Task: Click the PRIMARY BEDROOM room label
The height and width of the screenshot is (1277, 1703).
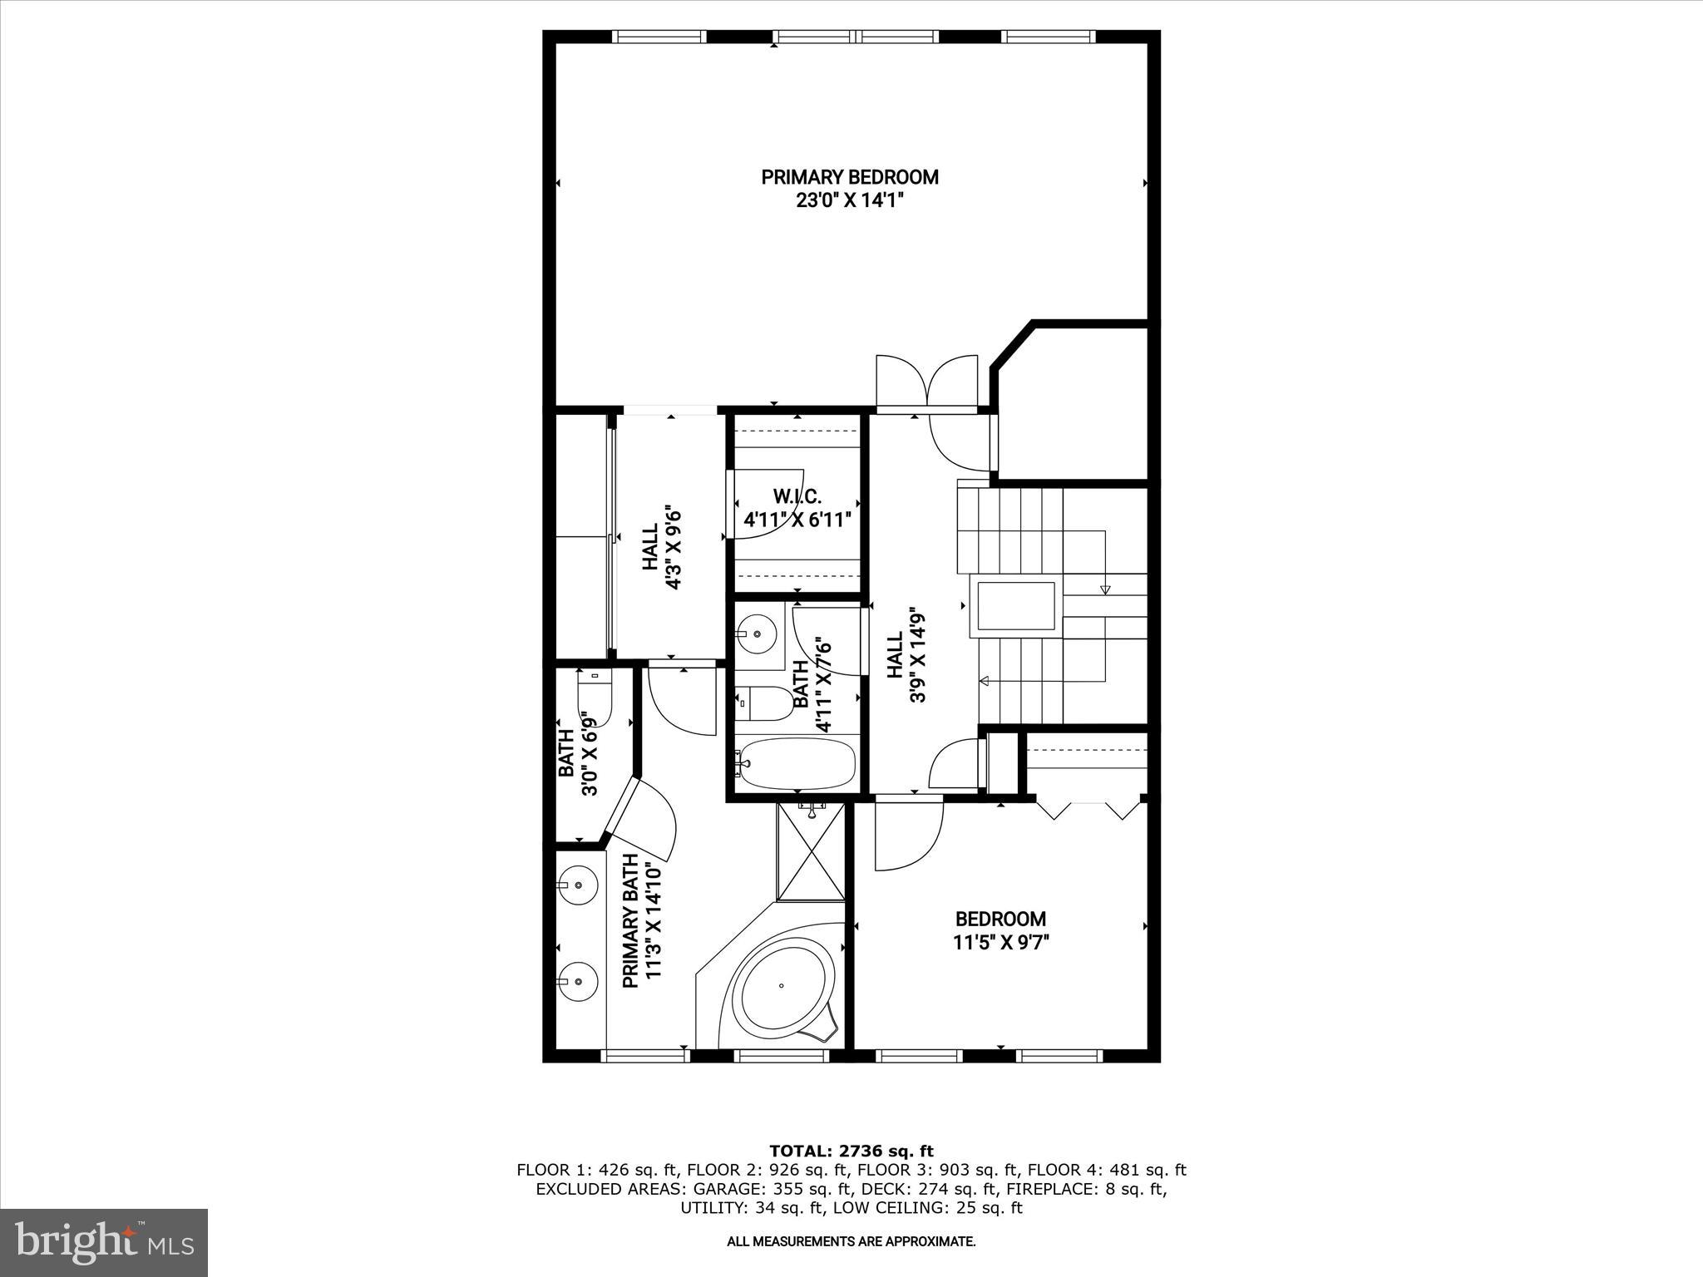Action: click(850, 177)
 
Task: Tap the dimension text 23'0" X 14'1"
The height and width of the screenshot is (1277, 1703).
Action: click(850, 200)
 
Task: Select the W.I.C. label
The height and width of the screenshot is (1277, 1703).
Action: click(797, 497)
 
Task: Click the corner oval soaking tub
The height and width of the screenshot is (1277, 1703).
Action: click(787, 986)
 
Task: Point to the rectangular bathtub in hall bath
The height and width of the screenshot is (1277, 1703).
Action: click(797, 764)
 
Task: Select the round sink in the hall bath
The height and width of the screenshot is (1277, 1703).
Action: click(758, 634)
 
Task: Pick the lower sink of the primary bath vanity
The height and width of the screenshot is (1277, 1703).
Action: click(577, 982)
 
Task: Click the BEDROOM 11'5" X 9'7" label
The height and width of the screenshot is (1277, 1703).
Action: click(1000, 930)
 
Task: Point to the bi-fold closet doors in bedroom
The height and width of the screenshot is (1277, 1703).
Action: click(1088, 809)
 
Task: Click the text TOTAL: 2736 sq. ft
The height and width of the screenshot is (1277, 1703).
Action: click(851, 1151)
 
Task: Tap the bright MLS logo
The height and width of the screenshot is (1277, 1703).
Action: click(104, 1242)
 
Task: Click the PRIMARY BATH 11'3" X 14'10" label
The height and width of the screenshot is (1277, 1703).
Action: click(641, 921)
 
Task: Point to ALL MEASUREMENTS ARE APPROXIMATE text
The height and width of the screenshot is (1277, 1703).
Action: click(851, 1242)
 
